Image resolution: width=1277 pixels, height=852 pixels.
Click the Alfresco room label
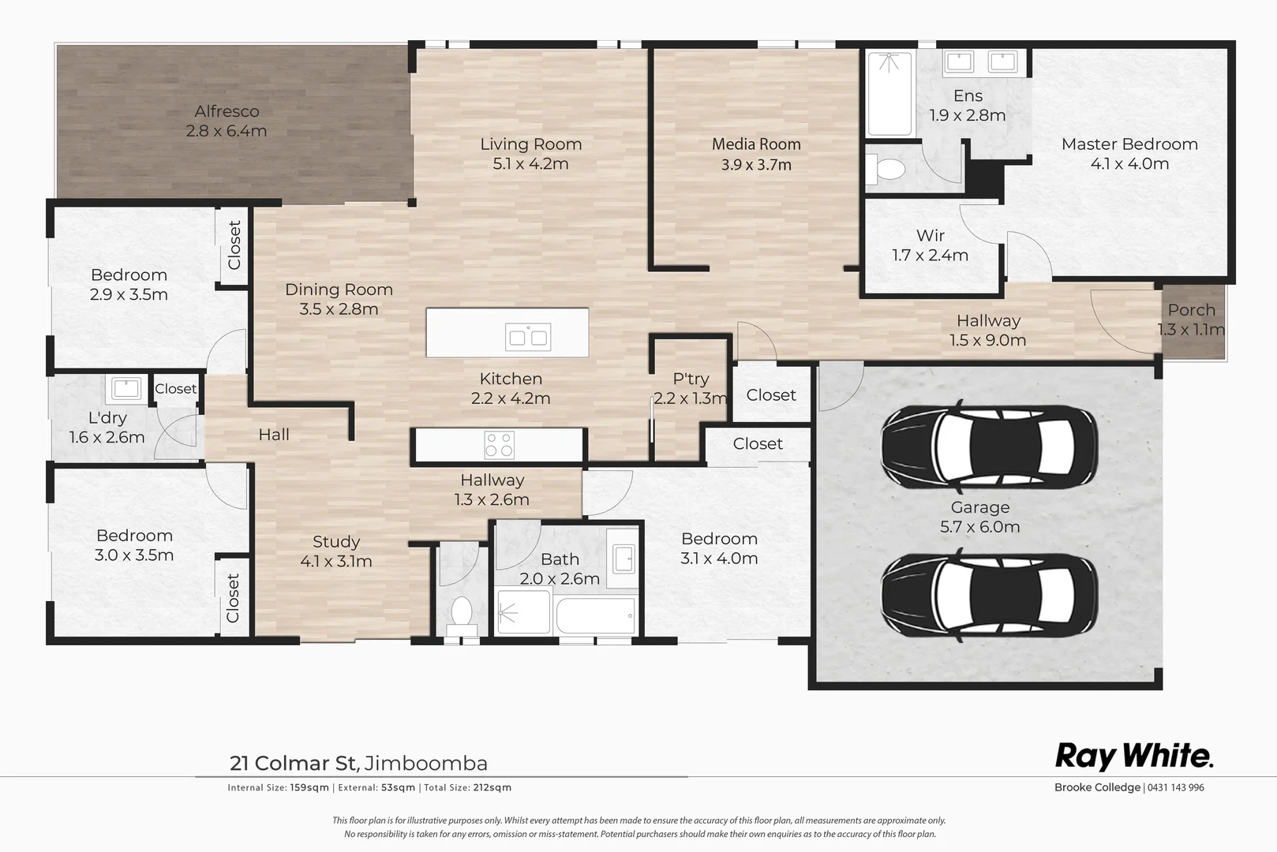click(227, 111)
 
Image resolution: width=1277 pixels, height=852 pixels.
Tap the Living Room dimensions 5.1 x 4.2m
click(530, 164)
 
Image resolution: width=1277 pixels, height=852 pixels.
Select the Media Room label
click(757, 144)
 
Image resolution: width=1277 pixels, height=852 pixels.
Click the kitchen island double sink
click(528, 337)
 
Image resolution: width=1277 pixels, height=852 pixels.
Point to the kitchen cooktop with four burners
click(500, 444)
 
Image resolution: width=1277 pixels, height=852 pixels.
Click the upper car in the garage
click(989, 447)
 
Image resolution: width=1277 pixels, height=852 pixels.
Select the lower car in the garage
click(989, 595)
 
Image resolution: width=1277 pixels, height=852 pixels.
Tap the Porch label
click(1192, 310)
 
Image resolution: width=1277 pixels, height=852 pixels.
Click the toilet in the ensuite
click(886, 170)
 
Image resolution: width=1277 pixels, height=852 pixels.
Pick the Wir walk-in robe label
click(931, 235)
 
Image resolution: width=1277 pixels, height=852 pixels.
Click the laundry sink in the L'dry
click(125, 389)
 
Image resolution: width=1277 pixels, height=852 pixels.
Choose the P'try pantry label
click(691, 379)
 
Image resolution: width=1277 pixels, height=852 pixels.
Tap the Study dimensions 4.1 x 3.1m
click(336, 562)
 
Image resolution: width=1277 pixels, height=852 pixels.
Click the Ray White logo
click(1134, 757)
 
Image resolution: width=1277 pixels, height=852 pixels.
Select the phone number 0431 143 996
click(1175, 787)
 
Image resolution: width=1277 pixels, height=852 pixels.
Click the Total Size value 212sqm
click(492, 787)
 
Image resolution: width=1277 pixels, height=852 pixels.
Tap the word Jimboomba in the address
click(426, 763)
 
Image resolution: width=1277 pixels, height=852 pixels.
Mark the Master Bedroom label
click(1129, 144)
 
